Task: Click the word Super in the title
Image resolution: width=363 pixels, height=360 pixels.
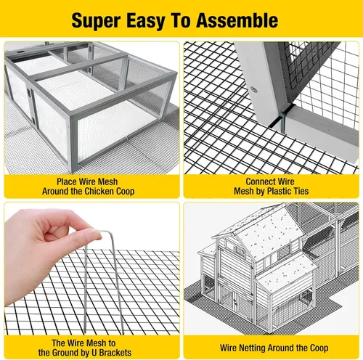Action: [x=96, y=21]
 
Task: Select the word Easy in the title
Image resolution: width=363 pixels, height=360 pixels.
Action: [x=146, y=21]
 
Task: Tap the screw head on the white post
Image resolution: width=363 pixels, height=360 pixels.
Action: [x=253, y=89]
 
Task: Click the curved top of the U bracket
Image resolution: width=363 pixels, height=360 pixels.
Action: [x=107, y=232]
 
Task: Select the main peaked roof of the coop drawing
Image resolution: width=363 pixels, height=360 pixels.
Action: [x=266, y=232]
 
